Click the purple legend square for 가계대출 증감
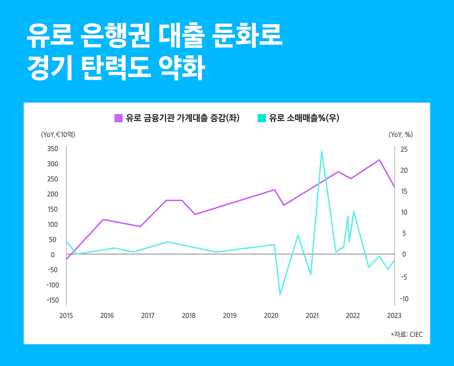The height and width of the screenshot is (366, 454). pyautogui.click(x=118, y=118)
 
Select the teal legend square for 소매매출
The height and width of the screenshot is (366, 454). pyautogui.click(x=261, y=118)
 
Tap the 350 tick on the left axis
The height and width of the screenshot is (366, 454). pyautogui.click(x=52, y=149)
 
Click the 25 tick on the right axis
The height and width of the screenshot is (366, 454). pyautogui.click(x=404, y=150)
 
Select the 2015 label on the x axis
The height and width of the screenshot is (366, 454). pyautogui.click(x=66, y=316)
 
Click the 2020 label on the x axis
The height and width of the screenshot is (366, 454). pyautogui.click(x=271, y=316)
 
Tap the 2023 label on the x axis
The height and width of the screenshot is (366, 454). pyautogui.click(x=394, y=316)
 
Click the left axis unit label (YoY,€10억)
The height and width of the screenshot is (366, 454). pyautogui.click(x=58, y=134)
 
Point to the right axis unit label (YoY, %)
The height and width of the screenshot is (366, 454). pyautogui.click(x=401, y=134)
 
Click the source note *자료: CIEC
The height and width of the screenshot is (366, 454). pyautogui.click(x=407, y=335)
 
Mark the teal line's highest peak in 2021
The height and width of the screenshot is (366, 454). pyautogui.click(x=322, y=151)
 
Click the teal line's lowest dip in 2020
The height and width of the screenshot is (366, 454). pyautogui.click(x=280, y=294)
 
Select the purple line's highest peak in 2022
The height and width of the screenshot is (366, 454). pyautogui.click(x=379, y=160)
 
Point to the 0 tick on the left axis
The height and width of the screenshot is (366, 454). pyautogui.click(x=53, y=255)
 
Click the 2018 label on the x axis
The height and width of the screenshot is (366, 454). pyautogui.click(x=189, y=316)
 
